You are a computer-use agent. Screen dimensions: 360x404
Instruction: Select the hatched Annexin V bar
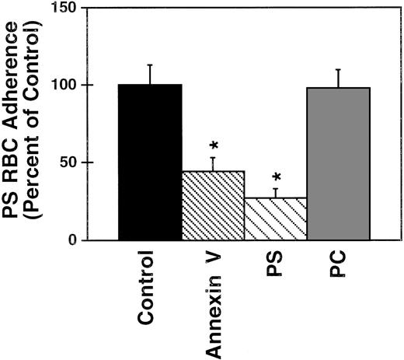(213, 205)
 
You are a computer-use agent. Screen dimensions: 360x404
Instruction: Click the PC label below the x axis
(336, 267)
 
